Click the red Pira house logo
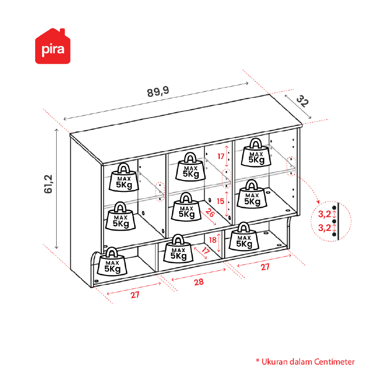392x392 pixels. pyautogui.click(x=53, y=46)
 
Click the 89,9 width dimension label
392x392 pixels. pyautogui.click(x=158, y=92)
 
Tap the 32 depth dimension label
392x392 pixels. pyautogui.click(x=302, y=101)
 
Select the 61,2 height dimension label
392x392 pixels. pyautogui.click(x=48, y=184)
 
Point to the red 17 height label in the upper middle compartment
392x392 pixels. pyautogui.click(x=221, y=157)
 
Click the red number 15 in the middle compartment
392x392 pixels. pyautogui.click(x=220, y=201)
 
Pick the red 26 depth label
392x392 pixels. pyautogui.click(x=210, y=213)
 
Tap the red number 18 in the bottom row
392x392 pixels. pyautogui.click(x=212, y=240)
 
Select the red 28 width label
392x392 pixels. pyautogui.click(x=199, y=282)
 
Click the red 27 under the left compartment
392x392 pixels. pyautogui.click(x=135, y=295)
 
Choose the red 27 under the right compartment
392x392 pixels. pyautogui.click(x=265, y=267)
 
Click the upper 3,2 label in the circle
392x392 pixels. pyautogui.click(x=324, y=214)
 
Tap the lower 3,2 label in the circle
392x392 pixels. pyautogui.click(x=324, y=228)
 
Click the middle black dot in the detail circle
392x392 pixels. pyautogui.click(x=334, y=221)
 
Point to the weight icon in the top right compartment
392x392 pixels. pyautogui.click(x=256, y=153)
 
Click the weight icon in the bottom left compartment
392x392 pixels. pyautogui.click(x=112, y=261)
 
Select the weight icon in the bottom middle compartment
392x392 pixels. pyautogui.click(x=178, y=249)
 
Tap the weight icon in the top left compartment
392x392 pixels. pyautogui.click(x=124, y=177)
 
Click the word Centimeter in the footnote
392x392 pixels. pyautogui.click(x=334, y=362)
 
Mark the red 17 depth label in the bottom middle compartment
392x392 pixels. pyautogui.click(x=205, y=251)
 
